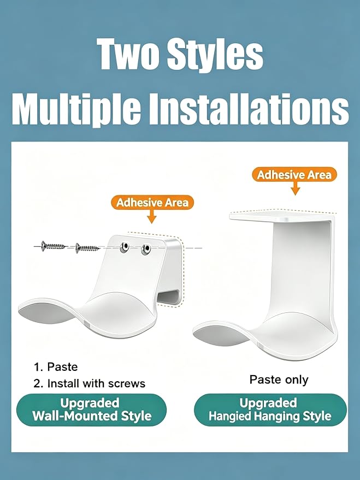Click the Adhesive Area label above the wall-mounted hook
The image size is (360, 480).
point(152,203)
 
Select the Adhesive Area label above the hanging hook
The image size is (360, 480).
point(294,175)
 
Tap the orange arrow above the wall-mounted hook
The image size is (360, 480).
point(151,216)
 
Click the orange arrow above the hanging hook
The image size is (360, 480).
point(296,188)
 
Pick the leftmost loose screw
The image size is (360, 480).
point(54,246)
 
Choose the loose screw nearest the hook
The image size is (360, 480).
point(87,247)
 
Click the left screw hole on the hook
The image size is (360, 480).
point(125,247)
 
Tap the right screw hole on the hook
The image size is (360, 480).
point(146,249)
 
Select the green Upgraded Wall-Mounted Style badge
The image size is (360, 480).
point(92,410)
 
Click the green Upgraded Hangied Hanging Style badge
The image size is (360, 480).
point(270,410)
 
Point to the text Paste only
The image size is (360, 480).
point(279,380)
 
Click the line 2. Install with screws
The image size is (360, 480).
point(90,383)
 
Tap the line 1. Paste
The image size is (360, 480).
point(56,367)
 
